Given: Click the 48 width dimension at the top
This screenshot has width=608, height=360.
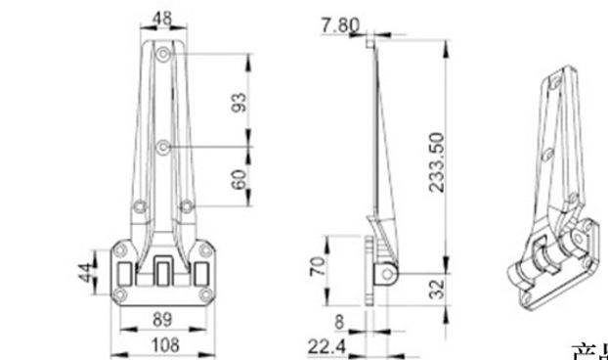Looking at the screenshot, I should [162, 17].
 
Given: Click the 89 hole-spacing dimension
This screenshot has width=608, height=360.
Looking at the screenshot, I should [162, 319].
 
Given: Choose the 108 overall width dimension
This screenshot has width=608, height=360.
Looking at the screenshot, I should [162, 343].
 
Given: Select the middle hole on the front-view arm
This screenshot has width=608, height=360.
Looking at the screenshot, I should [162, 147].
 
